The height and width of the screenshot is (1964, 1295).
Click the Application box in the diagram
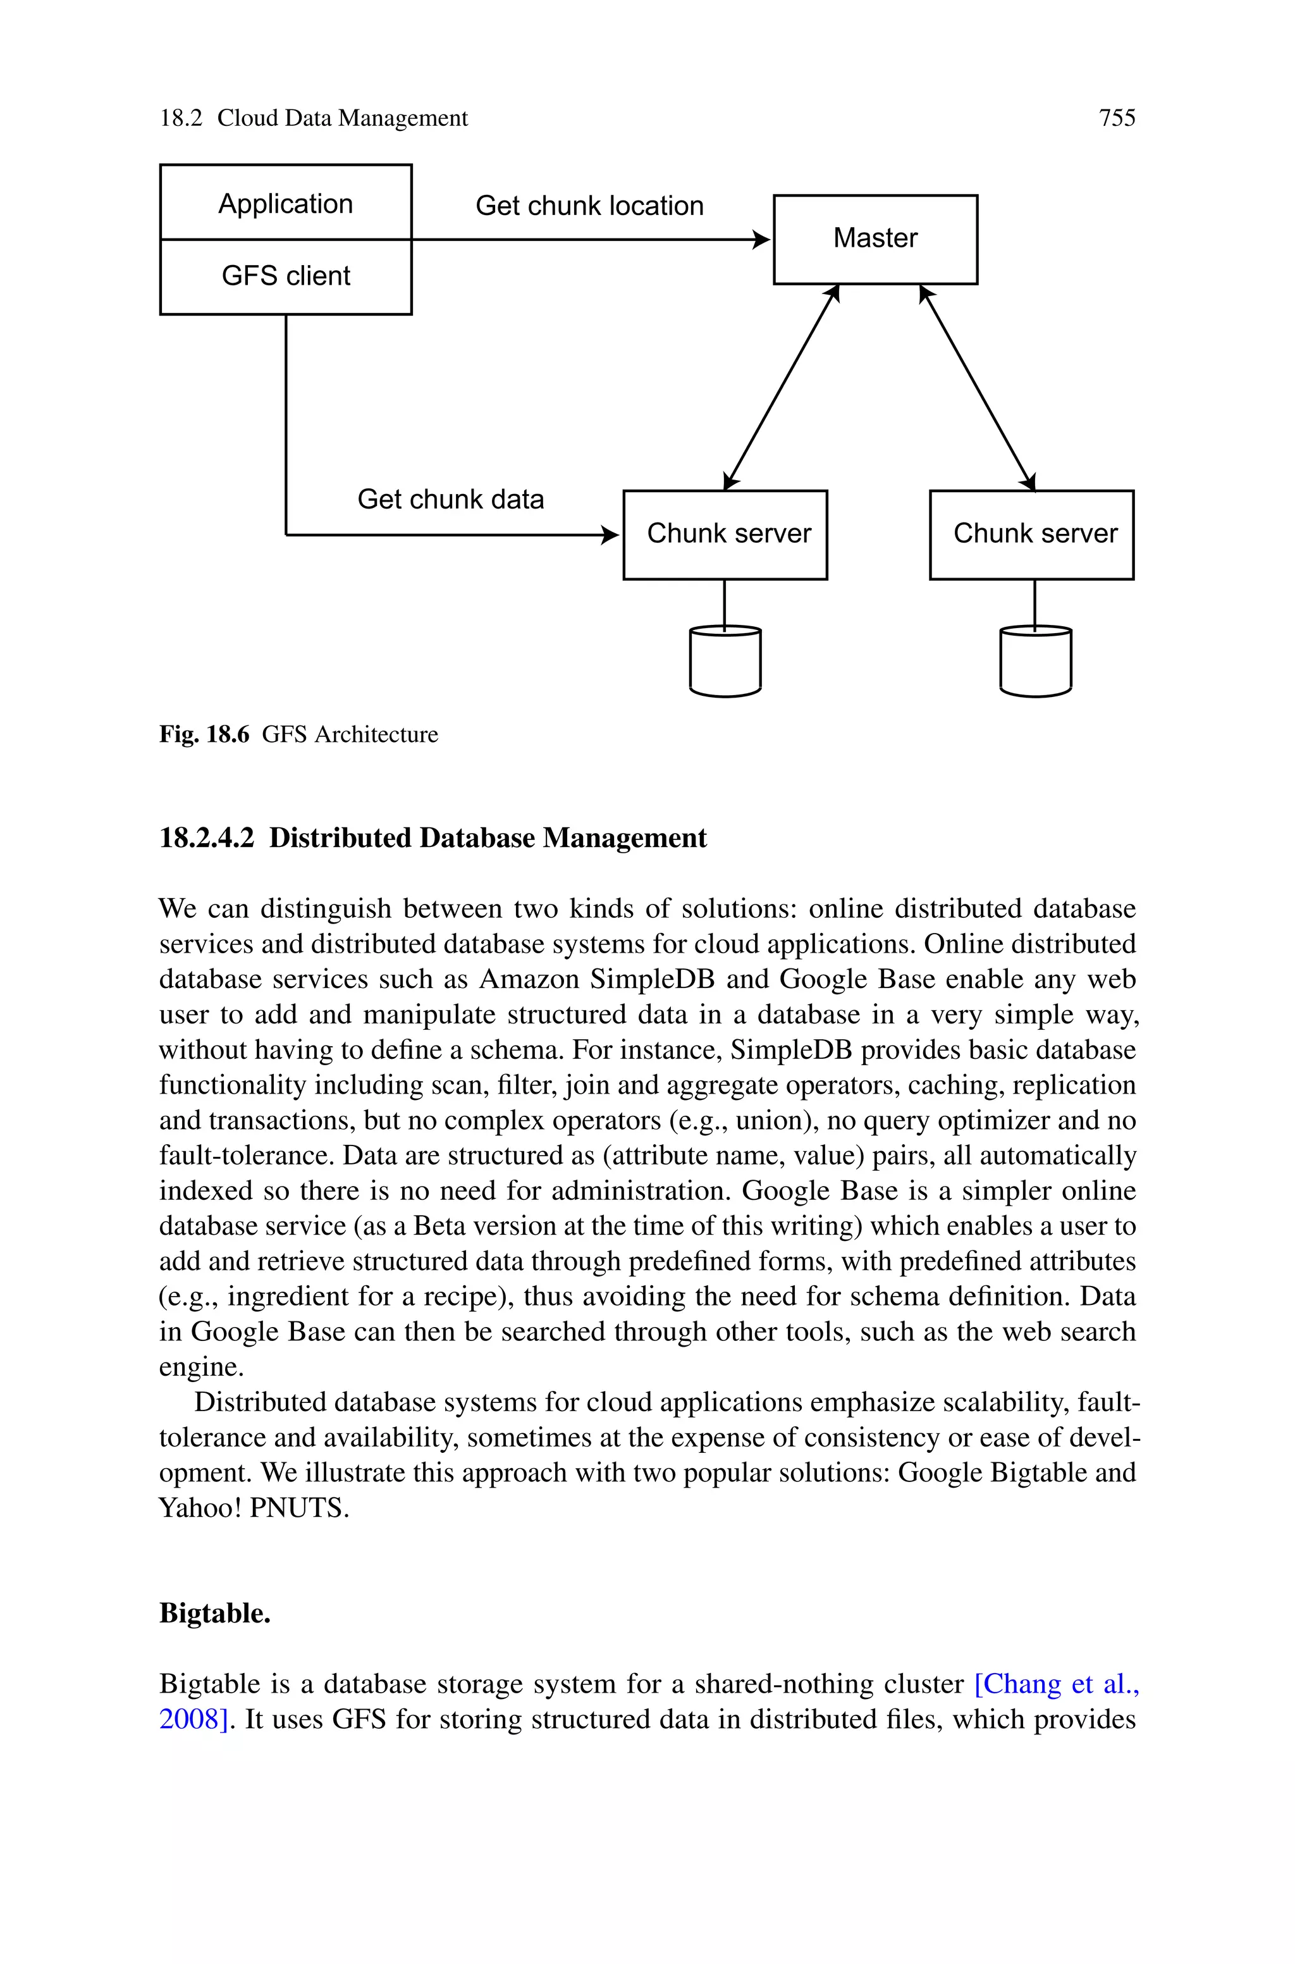coord(285,203)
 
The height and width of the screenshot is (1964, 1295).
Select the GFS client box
coord(285,276)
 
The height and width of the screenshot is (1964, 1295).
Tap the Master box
coord(875,238)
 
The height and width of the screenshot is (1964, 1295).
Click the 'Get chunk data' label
coord(450,499)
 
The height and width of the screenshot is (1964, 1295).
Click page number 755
coord(1117,118)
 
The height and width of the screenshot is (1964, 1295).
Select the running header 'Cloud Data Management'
coord(342,118)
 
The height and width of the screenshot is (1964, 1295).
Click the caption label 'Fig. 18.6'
coord(204,734)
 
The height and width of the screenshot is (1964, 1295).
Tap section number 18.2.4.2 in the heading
coord(207,837)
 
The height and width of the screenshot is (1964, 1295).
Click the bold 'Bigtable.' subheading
coord(215,1613)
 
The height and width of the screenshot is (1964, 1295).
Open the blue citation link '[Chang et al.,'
coord(1057,1684)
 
